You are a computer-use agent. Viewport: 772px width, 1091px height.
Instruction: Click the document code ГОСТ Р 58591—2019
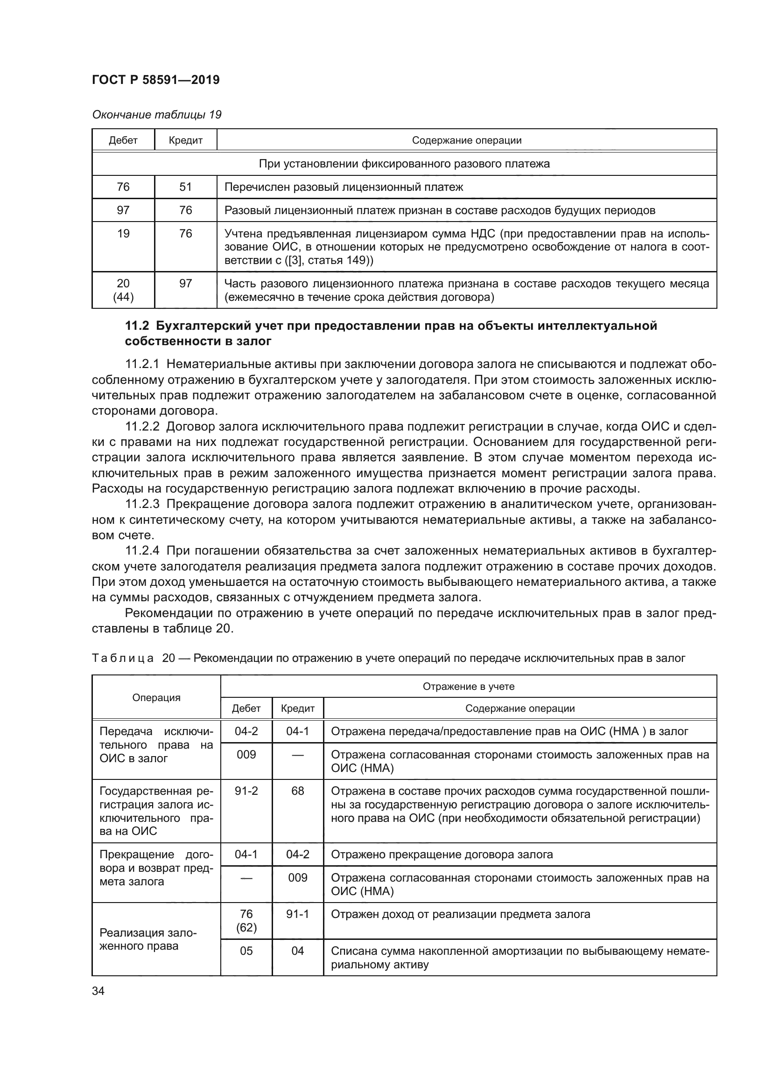[155, 80]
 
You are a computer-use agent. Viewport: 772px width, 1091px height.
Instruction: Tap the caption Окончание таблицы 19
[156, 115]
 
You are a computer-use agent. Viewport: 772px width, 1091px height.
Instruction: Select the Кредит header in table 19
[185, 140]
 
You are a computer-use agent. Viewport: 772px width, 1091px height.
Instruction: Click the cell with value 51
[185, 187]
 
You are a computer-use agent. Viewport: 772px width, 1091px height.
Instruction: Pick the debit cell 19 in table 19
[123, 233]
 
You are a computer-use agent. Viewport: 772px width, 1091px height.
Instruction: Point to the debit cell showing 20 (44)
[123, 290]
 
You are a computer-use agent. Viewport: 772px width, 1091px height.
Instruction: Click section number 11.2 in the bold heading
[137, 326]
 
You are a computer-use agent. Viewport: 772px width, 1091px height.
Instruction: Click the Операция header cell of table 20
[156, 697]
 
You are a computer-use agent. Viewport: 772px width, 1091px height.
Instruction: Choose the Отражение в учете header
[468, 686]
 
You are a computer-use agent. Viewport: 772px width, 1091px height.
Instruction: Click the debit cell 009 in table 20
[246, 755]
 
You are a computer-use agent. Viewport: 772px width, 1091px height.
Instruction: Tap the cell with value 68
[298, 791]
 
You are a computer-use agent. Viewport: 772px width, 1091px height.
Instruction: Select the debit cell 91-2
[246, 791]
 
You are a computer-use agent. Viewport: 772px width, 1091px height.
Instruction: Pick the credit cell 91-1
[298, 914]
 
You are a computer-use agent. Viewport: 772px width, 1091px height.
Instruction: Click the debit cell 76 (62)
[246, 920]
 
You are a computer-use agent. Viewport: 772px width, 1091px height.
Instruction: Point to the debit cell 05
[246, 951]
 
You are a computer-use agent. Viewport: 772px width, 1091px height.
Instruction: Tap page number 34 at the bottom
[98, 991]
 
